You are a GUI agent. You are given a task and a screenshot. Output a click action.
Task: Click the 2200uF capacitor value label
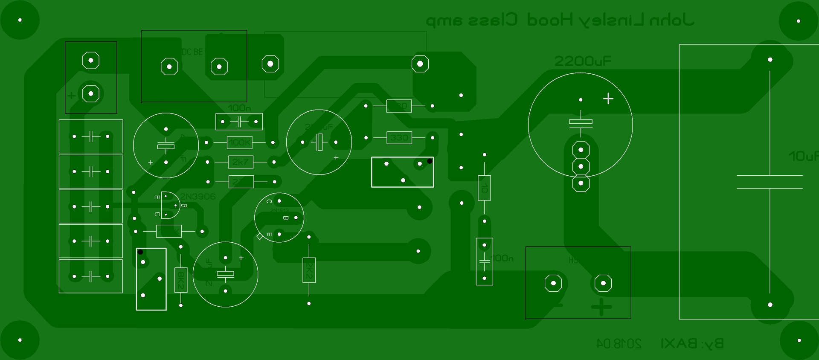[x=582, y=61]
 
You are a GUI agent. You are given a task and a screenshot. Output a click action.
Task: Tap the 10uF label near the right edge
[x=803, y=156]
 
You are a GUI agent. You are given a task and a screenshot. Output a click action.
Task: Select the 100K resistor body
[x=240, y=142]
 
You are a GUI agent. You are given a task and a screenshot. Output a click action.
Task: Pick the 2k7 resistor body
[x=241, y=162]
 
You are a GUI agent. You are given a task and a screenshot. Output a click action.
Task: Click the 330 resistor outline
[x=399, y=138]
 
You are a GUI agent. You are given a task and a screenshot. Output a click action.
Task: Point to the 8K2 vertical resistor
[x=181, y=279]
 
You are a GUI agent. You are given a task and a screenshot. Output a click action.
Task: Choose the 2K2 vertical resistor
[x=309, y=270]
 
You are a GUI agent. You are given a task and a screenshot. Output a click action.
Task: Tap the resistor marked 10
[x=484, y=188]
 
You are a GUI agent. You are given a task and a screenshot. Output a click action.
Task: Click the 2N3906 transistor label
[x=198, y=197]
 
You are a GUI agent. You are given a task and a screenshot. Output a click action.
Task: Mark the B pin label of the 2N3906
[x=184, y=206]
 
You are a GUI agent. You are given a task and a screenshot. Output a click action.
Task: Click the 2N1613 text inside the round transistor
[x=279, y=210]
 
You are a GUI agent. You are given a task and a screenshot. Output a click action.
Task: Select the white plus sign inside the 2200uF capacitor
[x=608, y=99]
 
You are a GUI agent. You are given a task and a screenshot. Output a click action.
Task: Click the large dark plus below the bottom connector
[x=601, y=307]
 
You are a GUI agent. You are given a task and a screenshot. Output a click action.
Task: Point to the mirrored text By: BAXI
[x=692, y=343]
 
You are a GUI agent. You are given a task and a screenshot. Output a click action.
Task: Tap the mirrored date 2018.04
[x=619, y=343]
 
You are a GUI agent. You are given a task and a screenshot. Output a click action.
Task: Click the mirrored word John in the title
[x=671, y=20]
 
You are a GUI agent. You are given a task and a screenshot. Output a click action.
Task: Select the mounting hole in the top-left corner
[x=20, y=20]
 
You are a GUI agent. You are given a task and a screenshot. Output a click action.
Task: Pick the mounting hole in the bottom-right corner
[x=799, y=340]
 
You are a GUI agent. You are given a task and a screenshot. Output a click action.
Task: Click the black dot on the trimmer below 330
[x=430, y=161]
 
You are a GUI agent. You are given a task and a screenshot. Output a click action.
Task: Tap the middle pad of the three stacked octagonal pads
[x=581, y=166]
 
